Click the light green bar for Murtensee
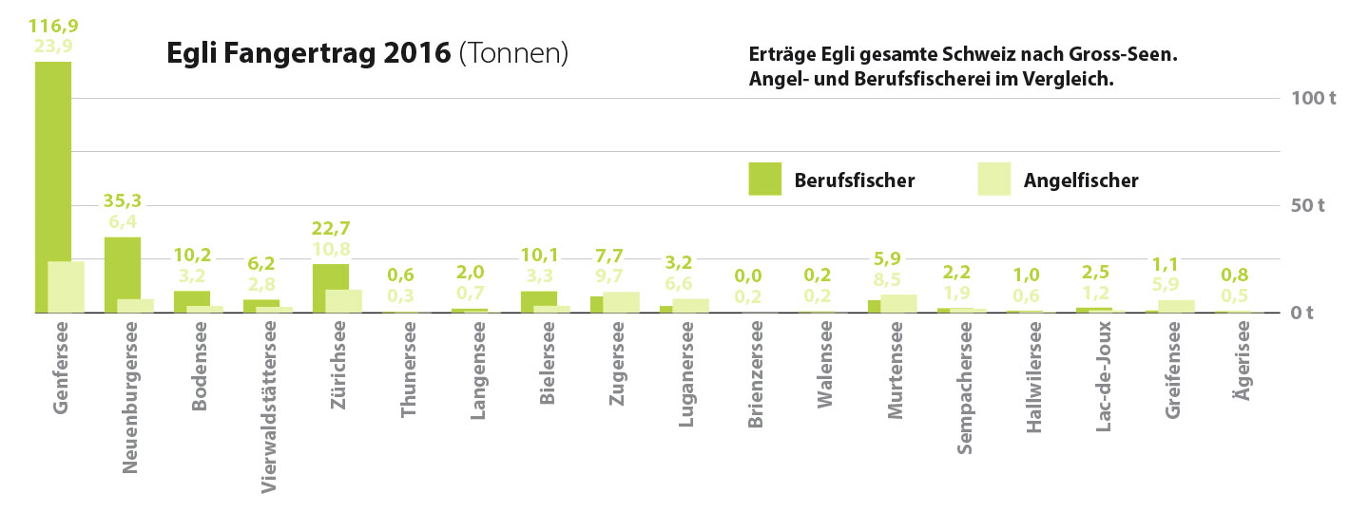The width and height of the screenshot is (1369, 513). click(x=899, y=303)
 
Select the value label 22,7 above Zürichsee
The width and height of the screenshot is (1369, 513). click(x=330, y=228)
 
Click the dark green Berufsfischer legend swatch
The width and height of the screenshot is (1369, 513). click(x=764, y=179)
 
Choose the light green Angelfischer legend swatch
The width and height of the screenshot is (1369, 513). click(x=993, y=179)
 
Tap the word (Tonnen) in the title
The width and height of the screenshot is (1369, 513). click(x=513, y=53)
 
